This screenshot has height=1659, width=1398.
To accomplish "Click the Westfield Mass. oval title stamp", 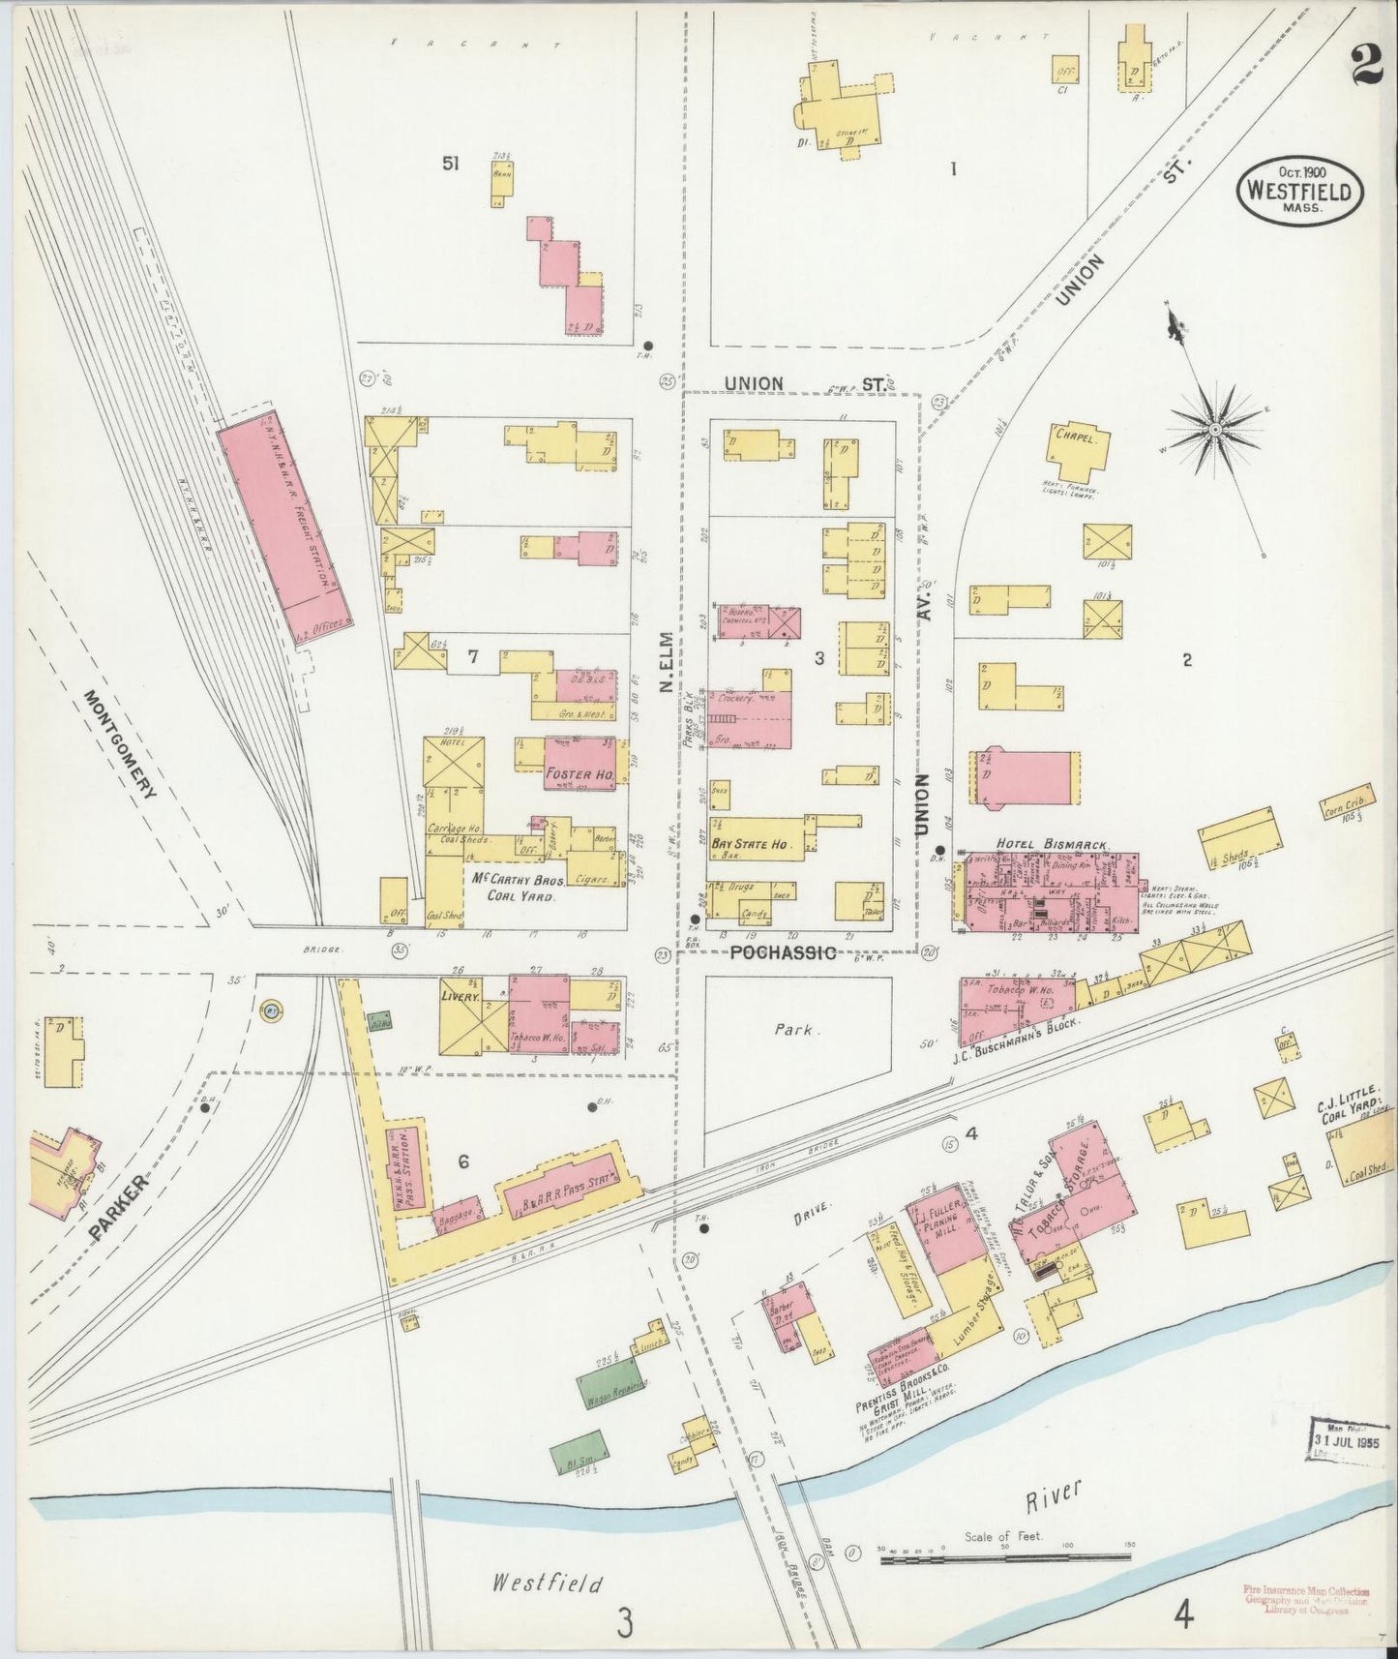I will (x=1298, y=188).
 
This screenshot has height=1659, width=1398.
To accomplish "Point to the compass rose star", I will (x=1213, y=428).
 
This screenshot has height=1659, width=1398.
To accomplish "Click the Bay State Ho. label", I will (x=751, y=844).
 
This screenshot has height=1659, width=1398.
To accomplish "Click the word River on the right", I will (x=1054, y=1494).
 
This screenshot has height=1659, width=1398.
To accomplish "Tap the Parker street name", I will (x=121, y=1209).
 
